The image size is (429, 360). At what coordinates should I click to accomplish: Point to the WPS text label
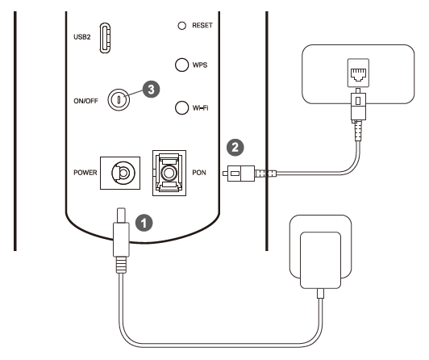tap(202, 66)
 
